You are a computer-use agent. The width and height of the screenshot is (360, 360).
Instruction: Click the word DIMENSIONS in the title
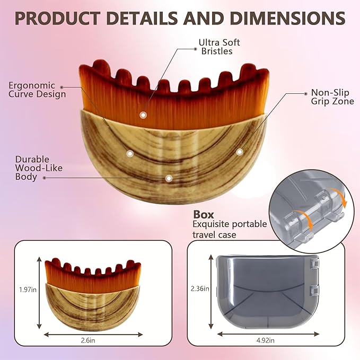coord(287,18)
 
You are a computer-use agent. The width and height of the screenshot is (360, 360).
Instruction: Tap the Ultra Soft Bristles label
coord(219,47)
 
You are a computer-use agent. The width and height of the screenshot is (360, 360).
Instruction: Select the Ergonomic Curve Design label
coord(37,90)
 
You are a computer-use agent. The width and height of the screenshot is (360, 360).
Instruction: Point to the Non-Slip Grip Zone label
coord(332,97)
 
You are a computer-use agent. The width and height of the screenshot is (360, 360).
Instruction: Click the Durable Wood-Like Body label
coord(39,168)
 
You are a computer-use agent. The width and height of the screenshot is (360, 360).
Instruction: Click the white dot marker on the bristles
coord(143,115)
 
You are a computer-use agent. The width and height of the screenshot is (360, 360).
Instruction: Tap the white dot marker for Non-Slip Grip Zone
coord(240,152)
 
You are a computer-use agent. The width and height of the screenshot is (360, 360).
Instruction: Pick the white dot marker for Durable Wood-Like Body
coord(169,178)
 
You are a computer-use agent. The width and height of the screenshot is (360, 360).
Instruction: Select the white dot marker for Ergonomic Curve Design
coord(130,154)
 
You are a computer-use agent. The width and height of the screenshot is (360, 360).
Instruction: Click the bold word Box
coord(204,214)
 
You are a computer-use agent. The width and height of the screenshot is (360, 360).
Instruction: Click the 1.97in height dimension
coord(28,289)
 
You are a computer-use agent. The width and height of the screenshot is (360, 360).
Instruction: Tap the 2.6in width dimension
coord(88,340)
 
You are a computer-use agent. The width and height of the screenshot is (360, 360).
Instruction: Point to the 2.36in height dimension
coord(200,288)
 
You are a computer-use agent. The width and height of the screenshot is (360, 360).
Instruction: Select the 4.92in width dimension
coord(266,340)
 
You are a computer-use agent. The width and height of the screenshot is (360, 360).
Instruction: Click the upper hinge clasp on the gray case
coord(314,264)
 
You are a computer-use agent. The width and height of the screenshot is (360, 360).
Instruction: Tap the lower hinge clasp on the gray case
coord(314,291)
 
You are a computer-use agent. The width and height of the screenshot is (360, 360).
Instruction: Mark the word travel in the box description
coord(204,235)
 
